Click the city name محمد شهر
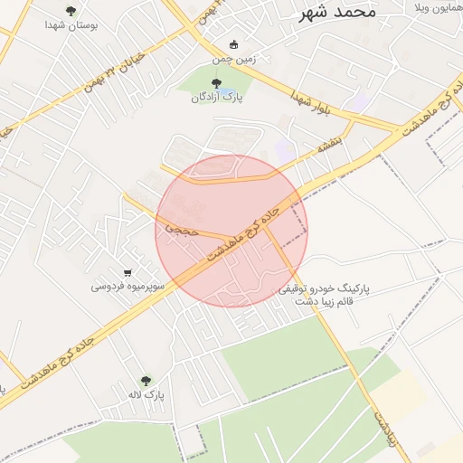pos(335,13)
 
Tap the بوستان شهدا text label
pos(71,25)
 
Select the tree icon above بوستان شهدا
pos(71,11)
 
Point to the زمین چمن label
pos(234,60)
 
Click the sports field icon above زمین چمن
pos(234,45)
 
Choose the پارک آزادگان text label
pos(215,98)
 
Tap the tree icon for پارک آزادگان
pos(215,84)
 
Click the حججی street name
pos(172,229)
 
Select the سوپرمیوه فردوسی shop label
pos(127,287)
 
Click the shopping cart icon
pos(128,273)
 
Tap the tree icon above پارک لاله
pos(146,382)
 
